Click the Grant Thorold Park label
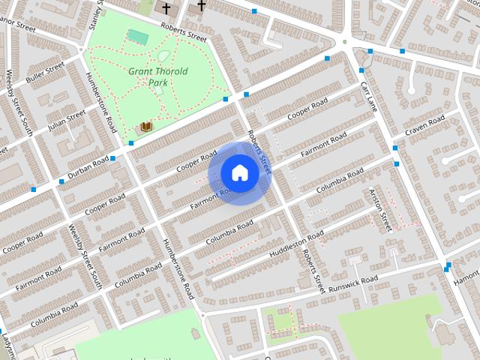tap(157, 76)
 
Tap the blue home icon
tap(239, 172)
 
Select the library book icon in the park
tap(146, 127)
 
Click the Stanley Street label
tap(95, 15)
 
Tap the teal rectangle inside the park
tap(137, 35)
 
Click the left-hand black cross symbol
tap(166, 8)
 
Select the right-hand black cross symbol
tap(201, 6)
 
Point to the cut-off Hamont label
tap(466, 282)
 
